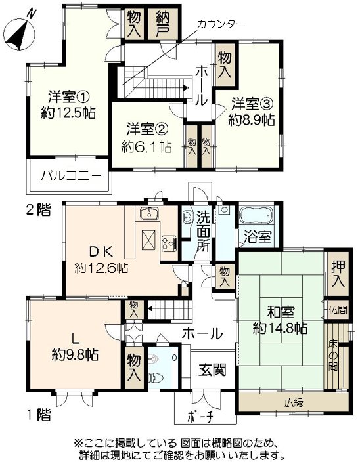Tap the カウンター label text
[x=221, y=23]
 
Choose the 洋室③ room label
[x=252, y=104]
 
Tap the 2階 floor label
[x=37, y=211]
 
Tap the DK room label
[x=102, y=251]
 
